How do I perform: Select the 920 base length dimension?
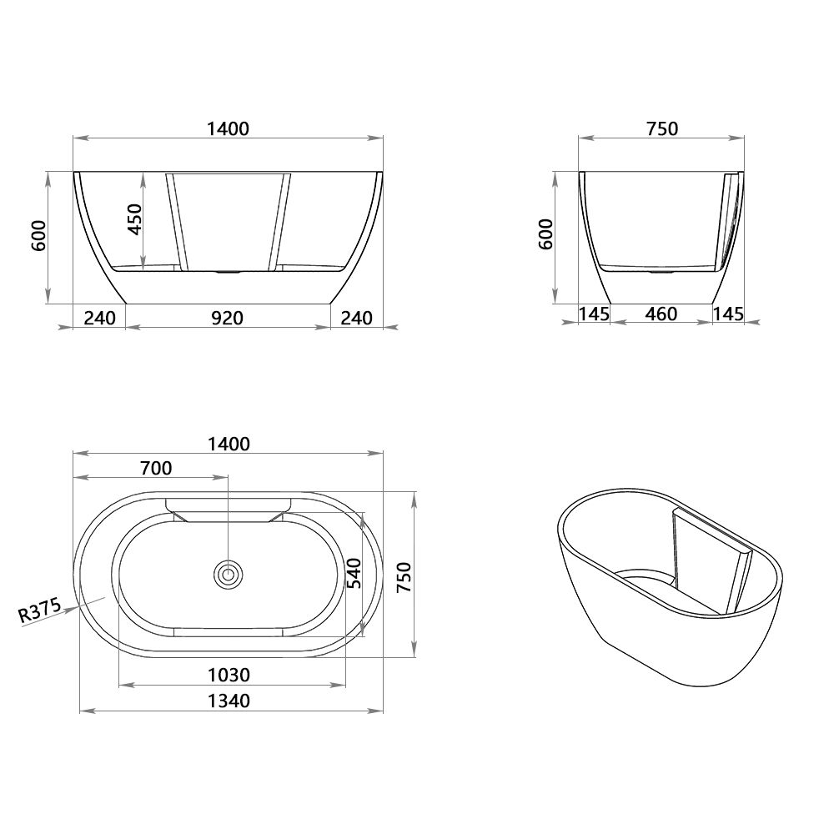227,318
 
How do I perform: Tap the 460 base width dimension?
661,314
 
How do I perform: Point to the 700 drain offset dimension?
156,468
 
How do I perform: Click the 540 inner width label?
353,573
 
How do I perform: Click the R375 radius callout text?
39,612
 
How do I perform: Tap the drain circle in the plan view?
228,574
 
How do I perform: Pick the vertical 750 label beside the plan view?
404,575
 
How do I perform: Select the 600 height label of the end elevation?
546,235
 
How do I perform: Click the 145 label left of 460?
594,314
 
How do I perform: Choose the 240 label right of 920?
356,318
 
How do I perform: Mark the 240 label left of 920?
98,318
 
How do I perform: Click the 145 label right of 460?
728,314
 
